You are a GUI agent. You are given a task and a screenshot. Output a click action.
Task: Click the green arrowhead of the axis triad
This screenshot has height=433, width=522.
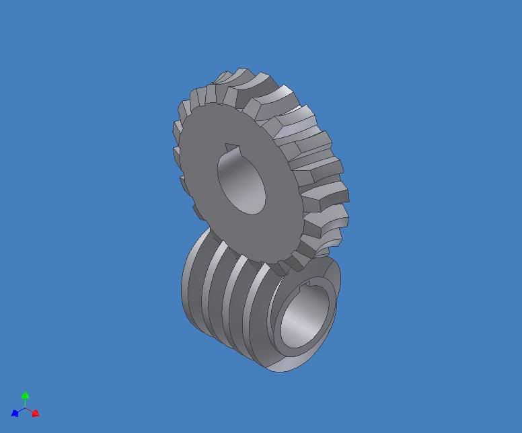click(25, 396)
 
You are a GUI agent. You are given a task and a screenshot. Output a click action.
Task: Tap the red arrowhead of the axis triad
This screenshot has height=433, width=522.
click(36, 414)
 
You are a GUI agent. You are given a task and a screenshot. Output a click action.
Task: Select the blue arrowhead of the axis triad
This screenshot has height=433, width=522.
click(15, 414)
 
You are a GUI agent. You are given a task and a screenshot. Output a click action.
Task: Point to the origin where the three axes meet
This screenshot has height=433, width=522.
click(25, 408)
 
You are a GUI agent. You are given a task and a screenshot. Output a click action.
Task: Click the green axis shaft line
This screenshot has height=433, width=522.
click(25, 403)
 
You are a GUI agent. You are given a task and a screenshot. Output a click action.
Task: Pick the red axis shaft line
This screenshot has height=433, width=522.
click(30, 411)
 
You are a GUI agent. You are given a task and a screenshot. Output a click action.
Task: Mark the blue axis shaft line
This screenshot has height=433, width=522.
click(20, 411)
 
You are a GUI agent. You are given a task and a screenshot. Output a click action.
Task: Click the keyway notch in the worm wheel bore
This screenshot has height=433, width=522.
click(231, 149)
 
